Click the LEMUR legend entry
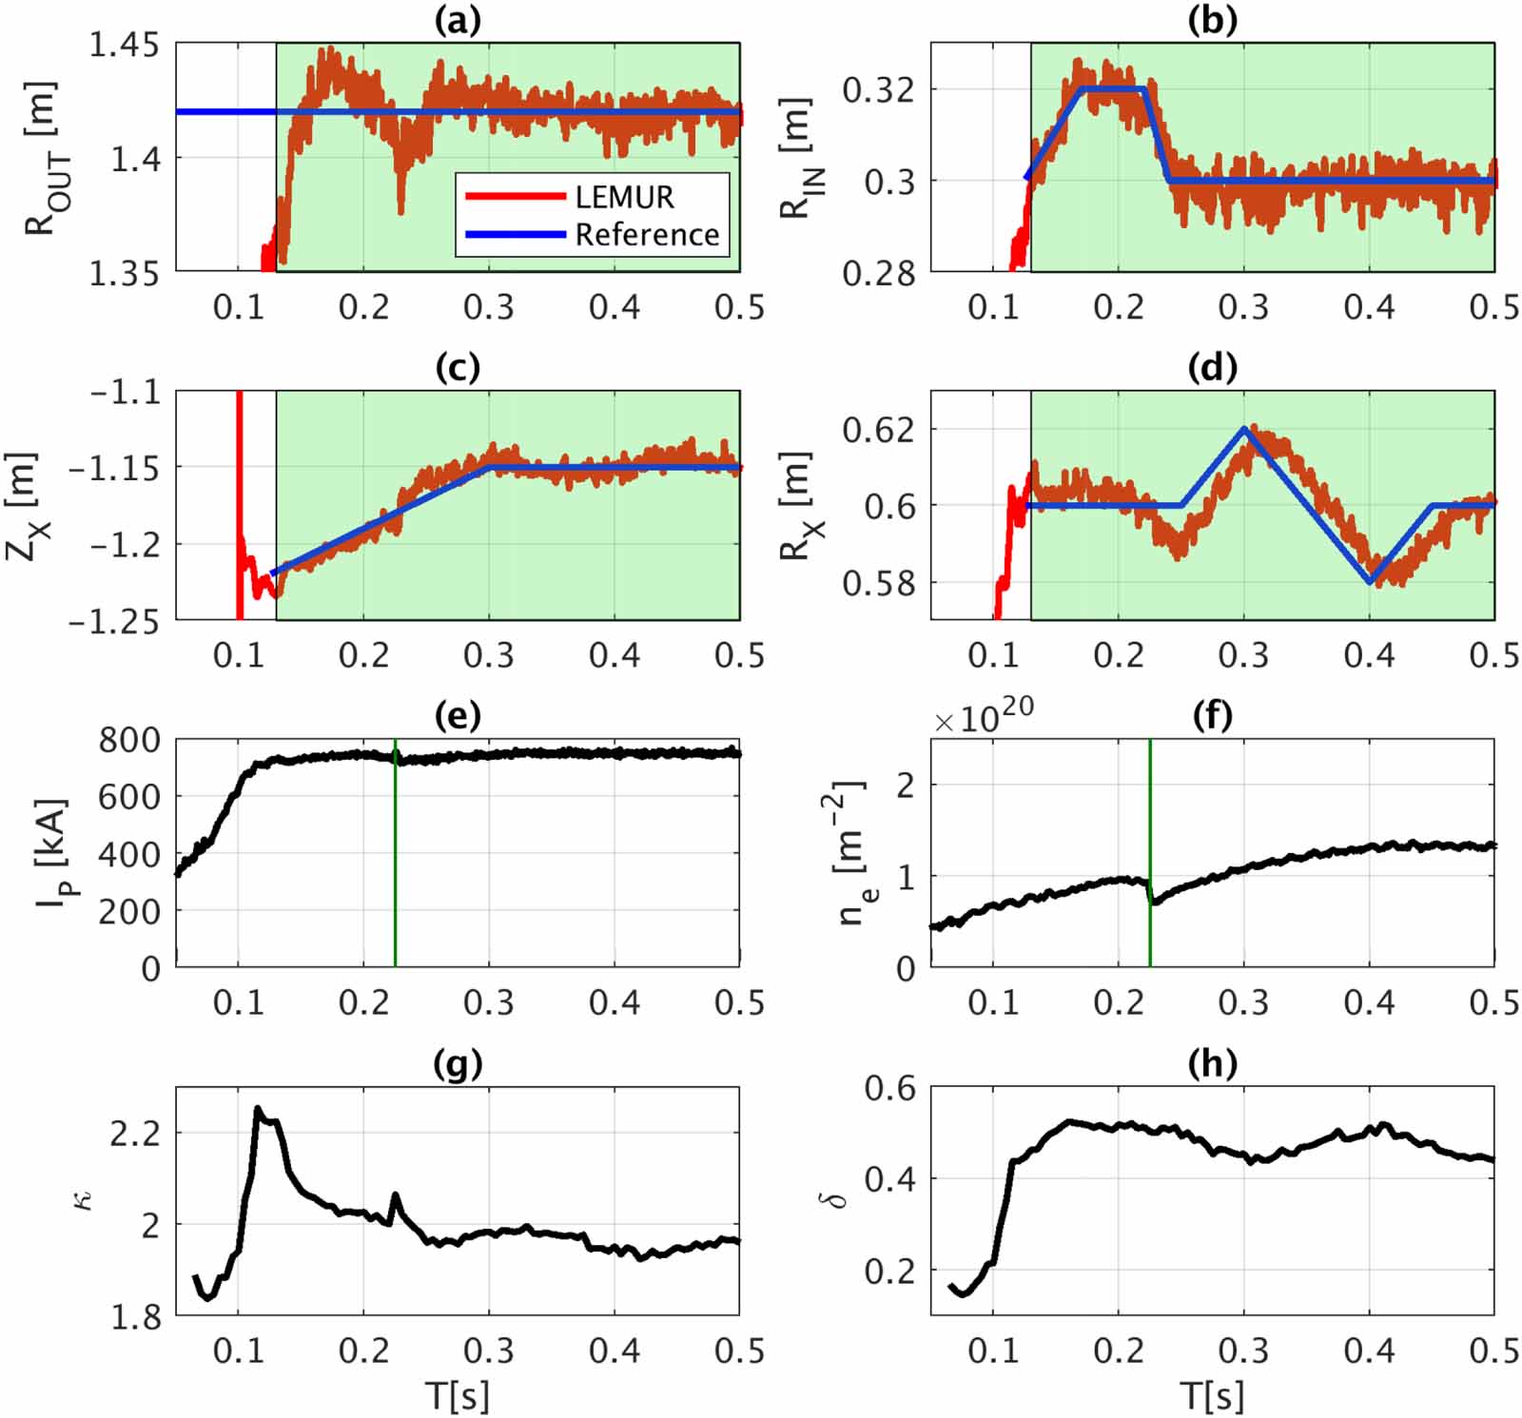623,197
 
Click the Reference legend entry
647,234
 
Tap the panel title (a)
458,20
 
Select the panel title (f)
1212,715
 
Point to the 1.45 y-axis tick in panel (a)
123,45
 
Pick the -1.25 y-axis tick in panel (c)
113,620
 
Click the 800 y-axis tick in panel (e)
129,739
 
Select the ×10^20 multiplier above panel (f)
984,719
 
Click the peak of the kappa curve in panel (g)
257,1109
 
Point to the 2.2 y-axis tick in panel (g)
135,1133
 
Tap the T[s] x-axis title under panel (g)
458,1395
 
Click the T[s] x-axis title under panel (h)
1212,1395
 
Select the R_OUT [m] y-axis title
40,158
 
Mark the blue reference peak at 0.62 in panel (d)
1244,429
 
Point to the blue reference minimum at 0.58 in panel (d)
1370,582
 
